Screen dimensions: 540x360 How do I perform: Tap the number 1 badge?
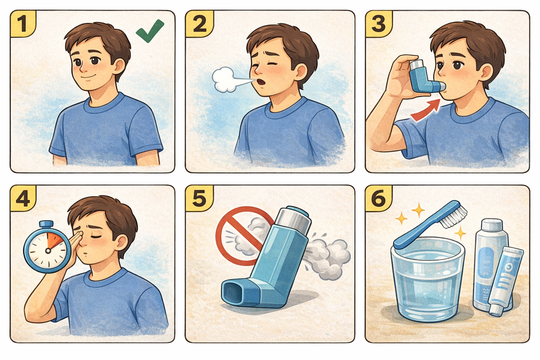point(23,24)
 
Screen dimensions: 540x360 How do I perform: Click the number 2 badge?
point(200,24)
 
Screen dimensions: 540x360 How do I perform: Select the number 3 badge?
point(379,24)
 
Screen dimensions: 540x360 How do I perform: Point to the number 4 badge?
point(23,198)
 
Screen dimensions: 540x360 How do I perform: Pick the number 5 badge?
point(200,198)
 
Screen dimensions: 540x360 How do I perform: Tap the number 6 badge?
point(379,198)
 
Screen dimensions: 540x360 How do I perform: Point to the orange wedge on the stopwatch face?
point(53,240)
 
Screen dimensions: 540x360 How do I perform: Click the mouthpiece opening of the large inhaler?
point(232,293)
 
